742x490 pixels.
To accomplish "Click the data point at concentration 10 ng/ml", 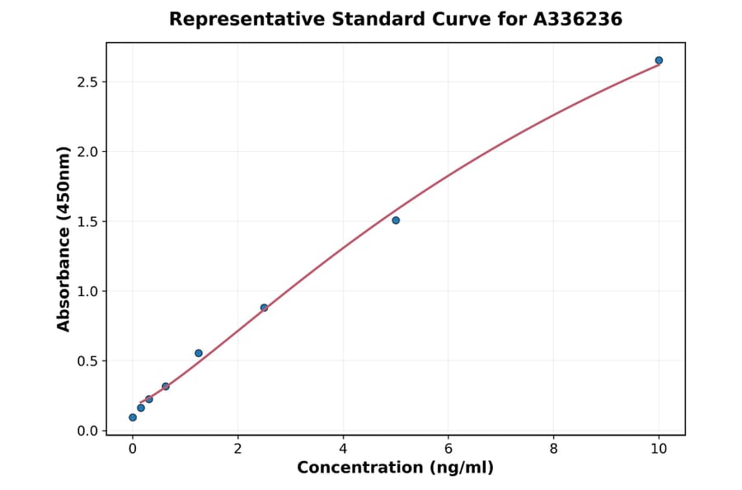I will (x=659, y=60).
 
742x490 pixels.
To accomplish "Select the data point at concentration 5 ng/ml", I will (x=396, y=220).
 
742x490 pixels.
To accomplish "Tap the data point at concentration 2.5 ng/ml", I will (x=264, y=308).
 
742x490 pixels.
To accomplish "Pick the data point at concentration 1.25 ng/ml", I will (x=199, y=353).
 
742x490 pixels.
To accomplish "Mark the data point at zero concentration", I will (x=133, y=417).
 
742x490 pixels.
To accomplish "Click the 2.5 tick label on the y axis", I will (x=87, y=82).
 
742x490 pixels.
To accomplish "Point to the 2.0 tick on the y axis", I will (x=87, y=152).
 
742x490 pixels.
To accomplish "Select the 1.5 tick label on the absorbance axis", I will (x=87, y=222).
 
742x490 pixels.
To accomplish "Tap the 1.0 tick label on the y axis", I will (x=87, y=291).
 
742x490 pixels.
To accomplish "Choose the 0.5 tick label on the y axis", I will (x=87, y=361).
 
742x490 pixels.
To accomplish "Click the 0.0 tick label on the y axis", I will (x=87, y=431).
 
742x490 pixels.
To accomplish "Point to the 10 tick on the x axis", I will (x=659, y=449).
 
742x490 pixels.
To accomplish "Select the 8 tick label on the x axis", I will (x=553, y=449).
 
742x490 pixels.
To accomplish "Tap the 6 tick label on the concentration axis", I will (x=448, y=449).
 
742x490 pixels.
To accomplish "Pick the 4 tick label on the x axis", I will (x=343, y=449).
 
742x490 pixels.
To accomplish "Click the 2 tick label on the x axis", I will (x=238, y=449).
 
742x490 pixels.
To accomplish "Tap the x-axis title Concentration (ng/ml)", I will (x=395, y=469).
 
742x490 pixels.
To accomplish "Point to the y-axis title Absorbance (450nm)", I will (x=63, y=239).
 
